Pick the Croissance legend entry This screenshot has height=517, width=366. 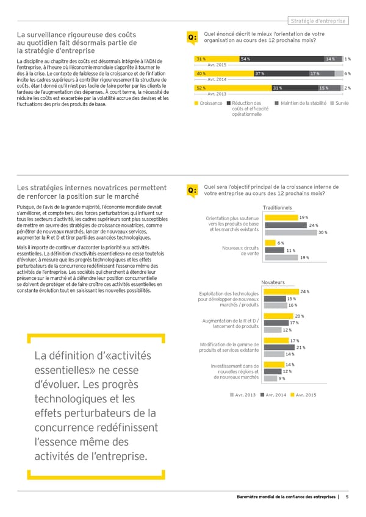coord(208,103)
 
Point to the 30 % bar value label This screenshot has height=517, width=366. coord(323,232)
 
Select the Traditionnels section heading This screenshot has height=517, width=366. coord(278,208)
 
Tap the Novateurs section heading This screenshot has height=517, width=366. coord(273,282)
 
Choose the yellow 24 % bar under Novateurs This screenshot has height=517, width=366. coord(281,291)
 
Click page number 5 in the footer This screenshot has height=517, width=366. coord(346,497)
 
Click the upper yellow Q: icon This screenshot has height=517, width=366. coord(192,38)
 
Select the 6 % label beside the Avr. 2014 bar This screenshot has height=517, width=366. coord(346,74)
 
